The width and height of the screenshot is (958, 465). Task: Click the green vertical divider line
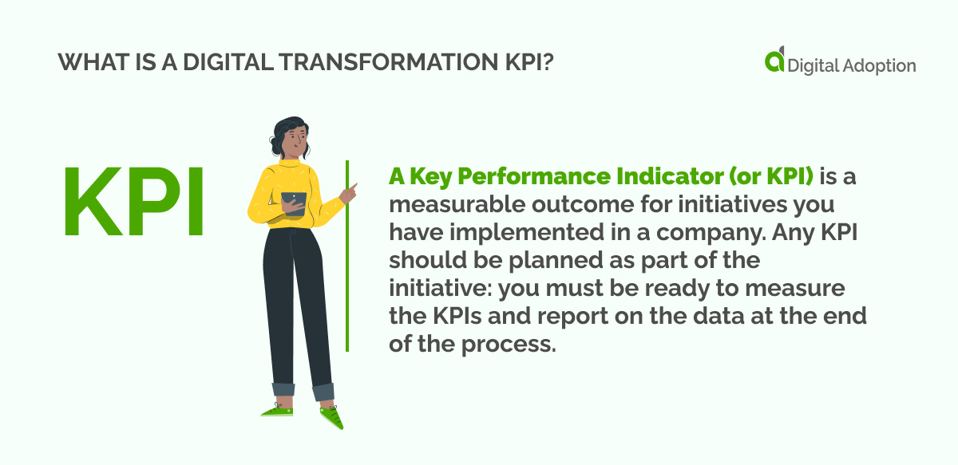point(347,255)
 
